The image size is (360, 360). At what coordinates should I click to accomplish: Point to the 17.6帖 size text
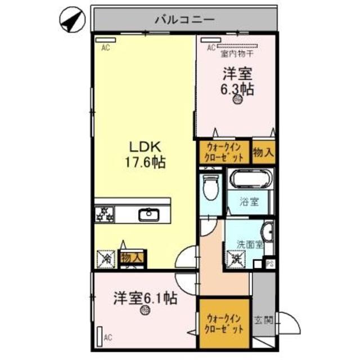[145, 163]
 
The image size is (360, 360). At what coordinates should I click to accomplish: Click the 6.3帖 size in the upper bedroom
[236, 88]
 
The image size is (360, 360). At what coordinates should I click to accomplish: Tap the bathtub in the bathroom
[251, 180]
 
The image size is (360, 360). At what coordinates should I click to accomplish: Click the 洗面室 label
[249, 245]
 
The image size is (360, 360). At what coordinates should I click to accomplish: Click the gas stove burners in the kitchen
[105, 214]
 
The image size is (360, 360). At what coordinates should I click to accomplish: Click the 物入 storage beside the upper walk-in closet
[263, 151]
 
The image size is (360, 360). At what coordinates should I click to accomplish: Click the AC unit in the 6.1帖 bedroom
[100, 336]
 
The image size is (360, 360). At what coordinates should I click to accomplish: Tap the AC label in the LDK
[105, 48]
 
